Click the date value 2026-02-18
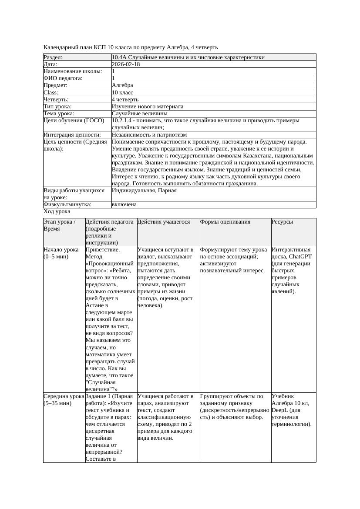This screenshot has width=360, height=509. click(x=126, y=64)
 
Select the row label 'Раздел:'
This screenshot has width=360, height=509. click(x=53, y=57)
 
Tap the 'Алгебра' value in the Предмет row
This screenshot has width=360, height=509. click(x=122, y=85)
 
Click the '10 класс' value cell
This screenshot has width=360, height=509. click(x=122, y=92)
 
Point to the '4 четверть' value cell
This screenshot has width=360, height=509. click(x=125, y=99)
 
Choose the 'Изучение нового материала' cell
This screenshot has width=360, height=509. click(x=147, y=106)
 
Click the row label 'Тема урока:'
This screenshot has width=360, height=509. click(x=59, y=113)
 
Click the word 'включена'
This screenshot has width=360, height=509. click(x=124, y=204)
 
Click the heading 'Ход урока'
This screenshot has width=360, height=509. click(x=57, y=211)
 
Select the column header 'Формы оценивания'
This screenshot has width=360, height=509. click(x=225, y=222)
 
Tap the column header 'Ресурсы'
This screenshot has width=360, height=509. click(x=282, y=222)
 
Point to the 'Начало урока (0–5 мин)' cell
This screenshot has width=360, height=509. click(x=61, y=253)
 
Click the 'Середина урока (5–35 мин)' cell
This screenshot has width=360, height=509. click(x=64, y=399)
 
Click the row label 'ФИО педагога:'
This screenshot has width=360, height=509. click(x=63, y=78)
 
